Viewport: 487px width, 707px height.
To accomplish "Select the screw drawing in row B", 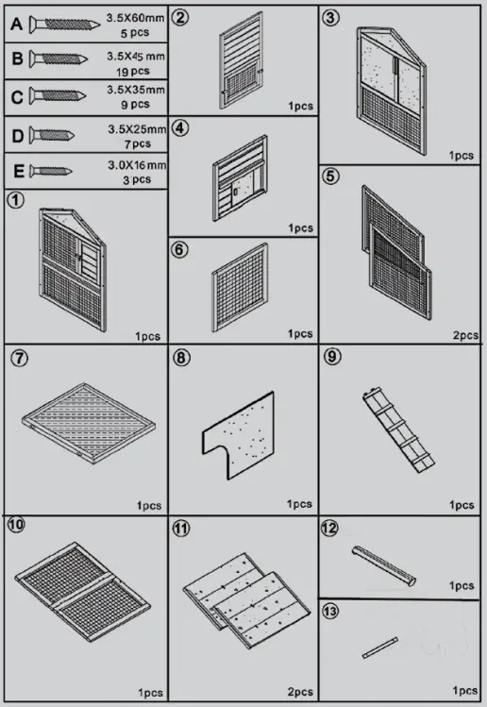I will pos(61,59).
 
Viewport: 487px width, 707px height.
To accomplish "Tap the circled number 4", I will pos(182,128).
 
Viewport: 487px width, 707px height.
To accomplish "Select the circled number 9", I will pos(331,357).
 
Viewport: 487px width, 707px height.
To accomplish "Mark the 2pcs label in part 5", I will pos(464,333).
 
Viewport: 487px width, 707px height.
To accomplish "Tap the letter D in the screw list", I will pos(16,135).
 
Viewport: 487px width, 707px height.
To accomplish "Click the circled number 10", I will pos(16,525).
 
